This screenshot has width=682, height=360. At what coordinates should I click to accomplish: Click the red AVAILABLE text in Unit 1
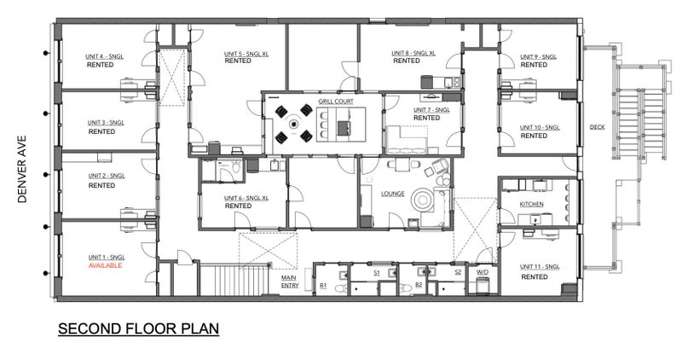click(105, 265)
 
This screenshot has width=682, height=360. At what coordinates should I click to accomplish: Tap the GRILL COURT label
click(336, 102)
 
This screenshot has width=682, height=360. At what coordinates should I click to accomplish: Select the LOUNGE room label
click(393, 194)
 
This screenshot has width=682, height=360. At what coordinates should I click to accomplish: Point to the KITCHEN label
click(531, 204)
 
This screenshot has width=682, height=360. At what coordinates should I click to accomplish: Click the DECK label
click(598, 127)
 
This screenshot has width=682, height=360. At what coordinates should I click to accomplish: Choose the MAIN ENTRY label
click(290, 282)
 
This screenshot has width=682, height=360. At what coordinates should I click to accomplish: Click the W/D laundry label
click(483, 272)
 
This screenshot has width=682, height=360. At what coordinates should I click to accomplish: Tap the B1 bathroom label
click(323, 286)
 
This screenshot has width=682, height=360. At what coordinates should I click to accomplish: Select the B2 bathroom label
click(419, 285)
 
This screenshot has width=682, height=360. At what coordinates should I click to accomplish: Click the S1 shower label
click(377, 273)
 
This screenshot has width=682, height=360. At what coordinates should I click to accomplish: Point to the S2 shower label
click(458, 272)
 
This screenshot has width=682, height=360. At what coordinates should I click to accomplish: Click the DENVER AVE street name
click(22, 169)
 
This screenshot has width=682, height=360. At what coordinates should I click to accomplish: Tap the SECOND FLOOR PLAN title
click(138, 328)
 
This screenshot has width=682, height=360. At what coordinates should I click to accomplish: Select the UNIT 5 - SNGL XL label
click(246, 54)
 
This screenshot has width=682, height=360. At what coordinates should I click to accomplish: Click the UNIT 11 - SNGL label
click(540, 267)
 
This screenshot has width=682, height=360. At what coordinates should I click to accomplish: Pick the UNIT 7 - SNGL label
click(431, 110)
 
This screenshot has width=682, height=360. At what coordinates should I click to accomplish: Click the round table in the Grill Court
click(294, 124)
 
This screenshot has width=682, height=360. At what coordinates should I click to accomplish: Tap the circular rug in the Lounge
click(423, 200)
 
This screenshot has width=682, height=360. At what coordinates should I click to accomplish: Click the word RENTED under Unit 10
click(534, 136)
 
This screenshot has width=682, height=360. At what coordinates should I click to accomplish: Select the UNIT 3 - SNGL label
click(106, 123)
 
